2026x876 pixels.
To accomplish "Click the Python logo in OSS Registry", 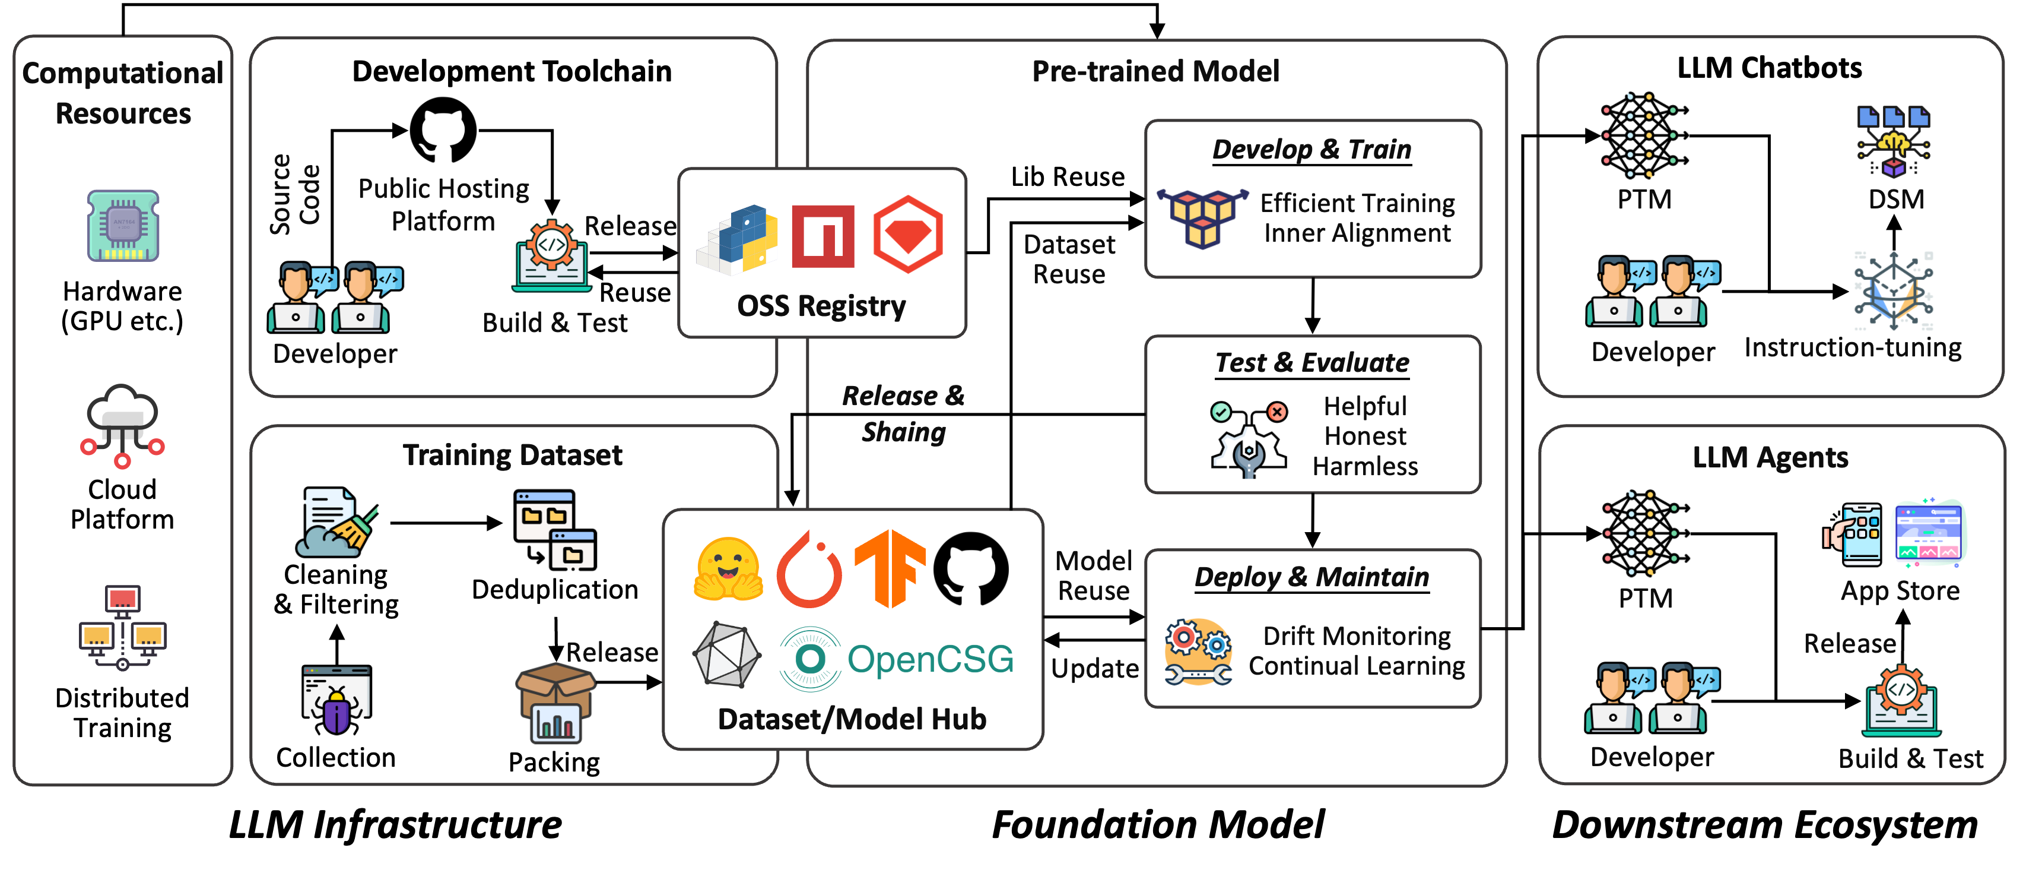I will pyautogui.click(x=739, y=238).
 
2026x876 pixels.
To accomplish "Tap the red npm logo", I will pyautogui.click(x=823, y=236).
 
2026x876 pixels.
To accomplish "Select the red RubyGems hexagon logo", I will pyautogui.click(x=907, y=235).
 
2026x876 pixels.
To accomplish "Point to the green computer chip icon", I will pyautogui.click(x=123, y=226).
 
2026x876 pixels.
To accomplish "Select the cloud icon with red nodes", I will pyautogui.click(x=122, y=426).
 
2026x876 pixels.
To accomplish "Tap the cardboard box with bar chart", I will pyautogui.click(x=556, y=703).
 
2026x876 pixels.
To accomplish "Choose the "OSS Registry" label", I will pyautogui.click(x=821, y=305).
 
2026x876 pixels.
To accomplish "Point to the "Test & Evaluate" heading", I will pyautogui.click(x=1312, y=362).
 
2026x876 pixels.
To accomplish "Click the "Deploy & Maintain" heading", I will pyautogui.click(x=1312, y=577).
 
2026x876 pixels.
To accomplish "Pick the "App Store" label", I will pyautogui.click(x=1900, y=590).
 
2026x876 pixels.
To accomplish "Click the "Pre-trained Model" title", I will pyautogui.click(x=1155, y=72).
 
